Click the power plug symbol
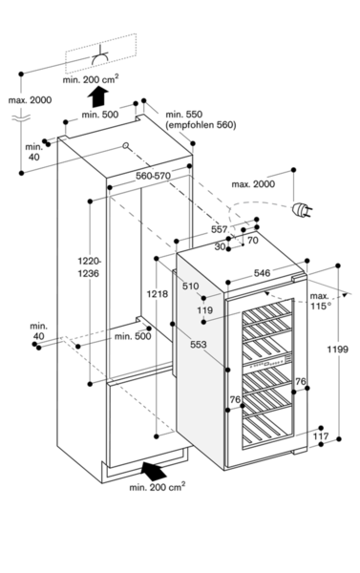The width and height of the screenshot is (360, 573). (x=301, y=209)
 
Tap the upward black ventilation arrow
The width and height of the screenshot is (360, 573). (x=98, y=96)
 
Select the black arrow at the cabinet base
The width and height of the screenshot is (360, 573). (x=154, y=470)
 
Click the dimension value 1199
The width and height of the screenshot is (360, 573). (x=337, y=350)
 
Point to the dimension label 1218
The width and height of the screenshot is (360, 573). (x=158, y=294)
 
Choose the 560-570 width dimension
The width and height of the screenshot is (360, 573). (x=153, y=176)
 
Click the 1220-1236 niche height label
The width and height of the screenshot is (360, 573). (x=89, y=267)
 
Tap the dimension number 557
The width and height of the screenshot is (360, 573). (x=220, y=229)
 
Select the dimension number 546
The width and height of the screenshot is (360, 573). (x=262, y=273)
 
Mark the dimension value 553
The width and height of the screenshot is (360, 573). (x=199, y=344)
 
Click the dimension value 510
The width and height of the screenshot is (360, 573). (x=191, y=286)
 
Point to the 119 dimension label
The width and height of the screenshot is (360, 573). (x=204, y=310)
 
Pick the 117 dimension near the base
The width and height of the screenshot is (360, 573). (x=321, y=436)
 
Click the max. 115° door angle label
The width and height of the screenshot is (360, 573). (x=319, y=301)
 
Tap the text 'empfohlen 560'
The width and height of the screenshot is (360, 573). (x=201, y=125)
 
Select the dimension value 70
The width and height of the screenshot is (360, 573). (x=253, y=240)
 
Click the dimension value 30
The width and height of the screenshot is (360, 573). (x=220, y=246)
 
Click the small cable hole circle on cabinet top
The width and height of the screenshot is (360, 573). (x=126, y=145)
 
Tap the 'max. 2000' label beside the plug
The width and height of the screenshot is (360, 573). (x=253, y=183)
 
